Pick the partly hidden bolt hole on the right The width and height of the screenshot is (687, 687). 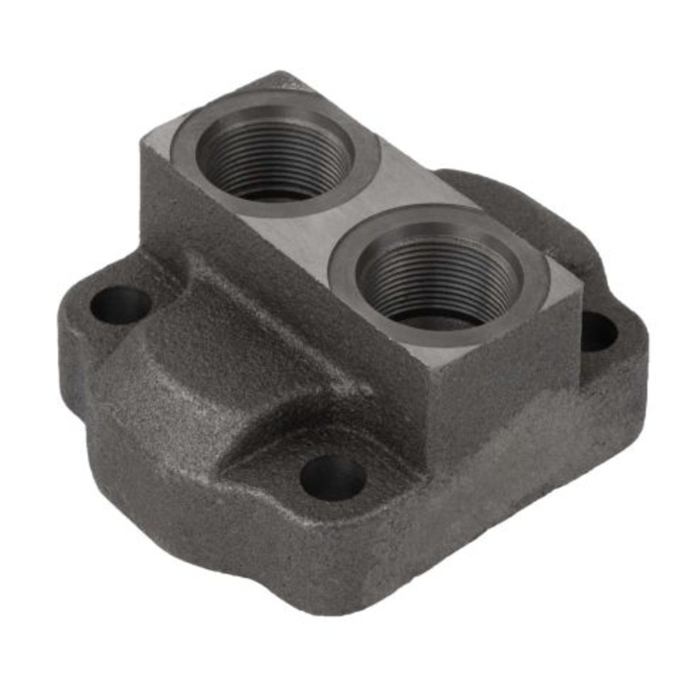click(598, 331)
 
